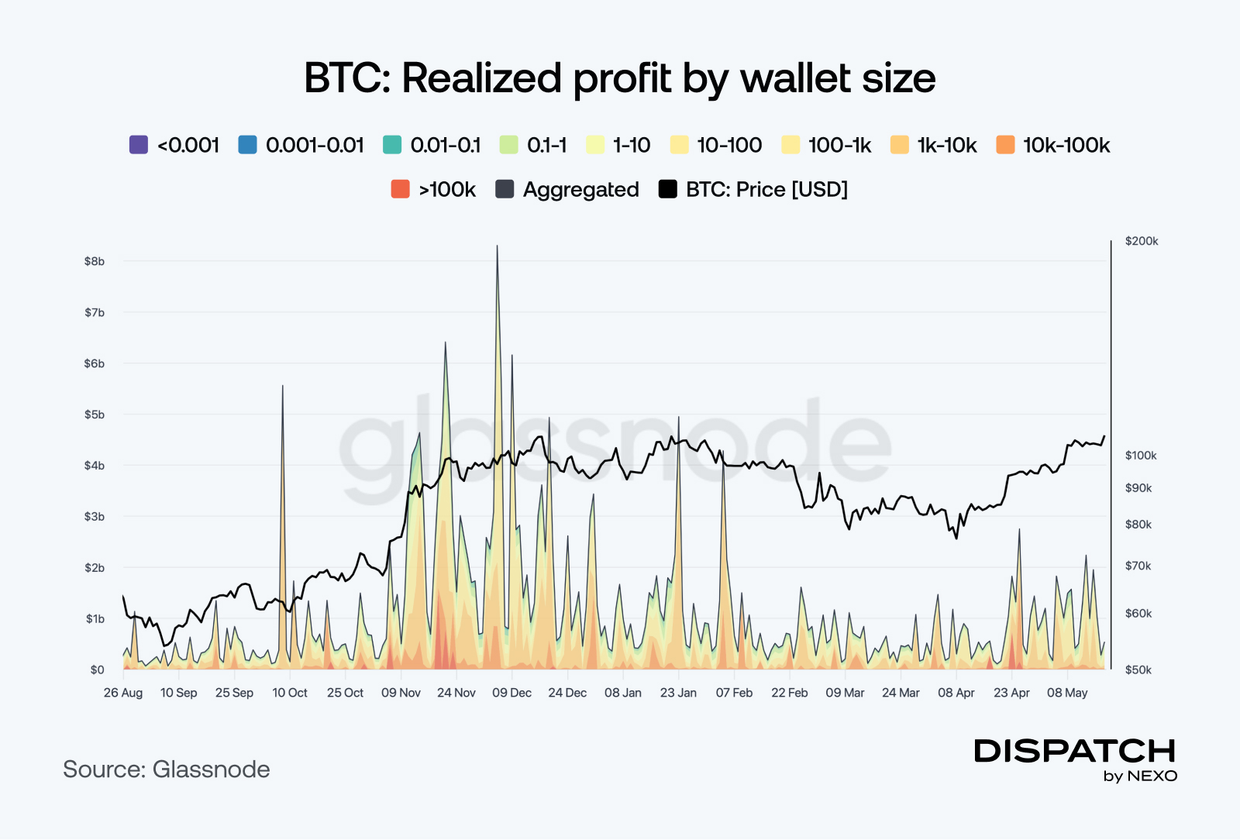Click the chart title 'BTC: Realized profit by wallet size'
click(619, 78)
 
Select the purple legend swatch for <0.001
click(139, 145)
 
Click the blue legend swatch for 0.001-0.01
click(247, 145)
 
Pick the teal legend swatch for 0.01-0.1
click(392, 145)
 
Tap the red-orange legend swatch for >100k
click(400, 189)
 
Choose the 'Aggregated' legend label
click(580, 190)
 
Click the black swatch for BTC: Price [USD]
click(667, 189)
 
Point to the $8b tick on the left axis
click(95, 262)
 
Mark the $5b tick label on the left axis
click(95, 415)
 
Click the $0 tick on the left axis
click(97, 670)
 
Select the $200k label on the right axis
click(1142, 241)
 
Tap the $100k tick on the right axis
click(1141, 456)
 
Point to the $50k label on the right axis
click(1138, 670)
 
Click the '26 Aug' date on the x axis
click(123, 693)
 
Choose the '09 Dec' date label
click(511, 693)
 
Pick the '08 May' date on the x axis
click(1067, 693)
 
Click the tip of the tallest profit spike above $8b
click(497, 246)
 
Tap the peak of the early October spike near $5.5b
click(283, 386)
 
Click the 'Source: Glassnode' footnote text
click(167, 769)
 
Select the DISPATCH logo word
click(1075, 751)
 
